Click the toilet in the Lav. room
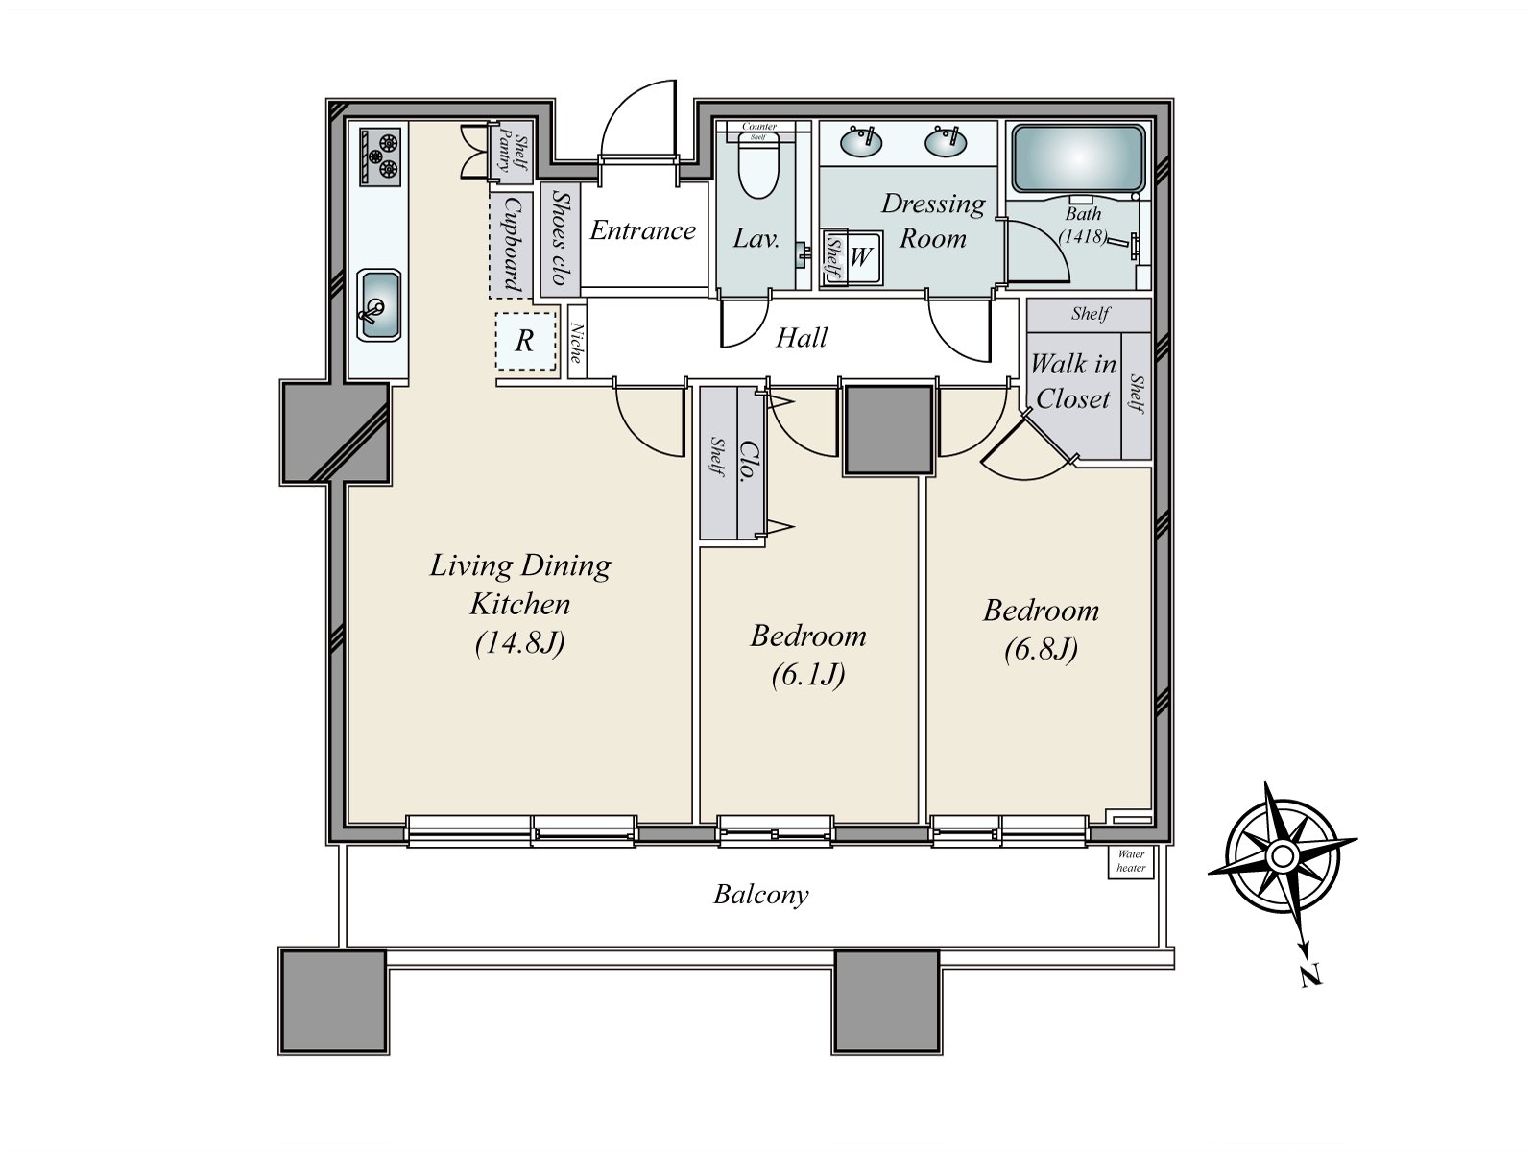(x=757, y=165)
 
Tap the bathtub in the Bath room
(x=1078, y=158)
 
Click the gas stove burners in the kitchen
(x=380, y=156)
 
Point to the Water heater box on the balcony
(x=1130, y=862)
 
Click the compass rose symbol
(x=1282, y=854)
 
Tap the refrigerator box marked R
(x=525, y=341)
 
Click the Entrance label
(x=642, y=230)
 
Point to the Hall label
(x=802, y=338)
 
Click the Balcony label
(x=760, y=895)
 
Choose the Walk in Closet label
(x=1072, y=381)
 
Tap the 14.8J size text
(x=519, y=643)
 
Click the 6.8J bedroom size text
(x=1041, y=649)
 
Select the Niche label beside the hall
(x=577, y=343)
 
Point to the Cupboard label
(x=513, y=245)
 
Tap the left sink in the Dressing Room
(x=861, y=142)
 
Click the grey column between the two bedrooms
(x=889, y=429)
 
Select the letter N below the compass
(x=1310, y=975)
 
